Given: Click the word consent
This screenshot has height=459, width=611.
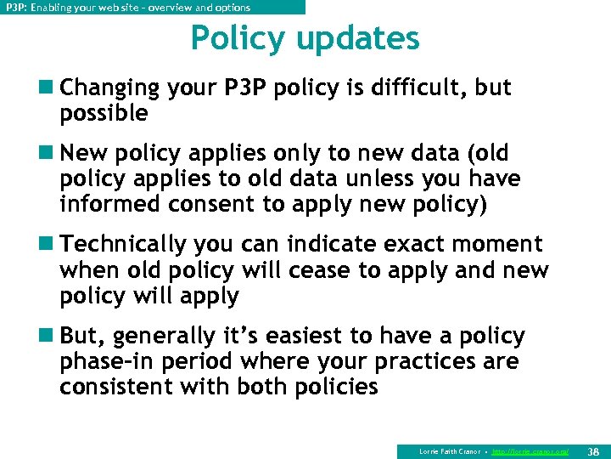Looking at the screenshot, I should pyautogui.click(x=209, y=204).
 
